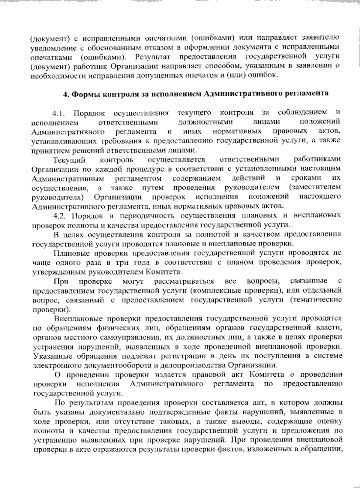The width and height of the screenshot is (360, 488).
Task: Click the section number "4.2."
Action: (61, 216)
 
